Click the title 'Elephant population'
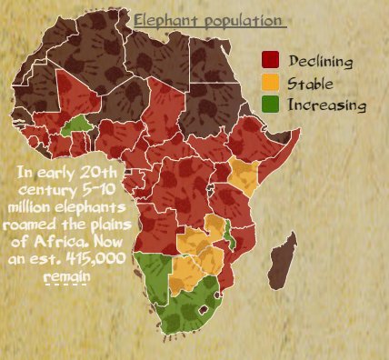(208, 21)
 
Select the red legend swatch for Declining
(271, 61)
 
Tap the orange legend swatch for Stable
(271, 83)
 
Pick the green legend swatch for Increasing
(271, 105)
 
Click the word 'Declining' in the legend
(319, 61)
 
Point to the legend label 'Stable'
(308, 84)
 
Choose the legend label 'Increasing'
(326, 106)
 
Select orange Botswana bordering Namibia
(186, 272)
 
